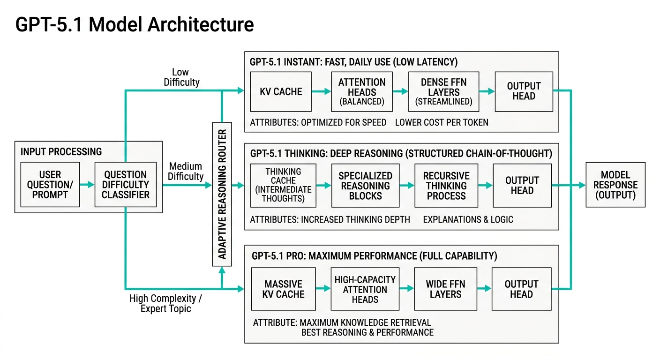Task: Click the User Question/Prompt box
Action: point(50,185)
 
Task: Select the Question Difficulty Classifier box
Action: point(125,185)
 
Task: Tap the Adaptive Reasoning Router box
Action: point(222,194)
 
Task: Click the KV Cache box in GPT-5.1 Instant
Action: point(281,91)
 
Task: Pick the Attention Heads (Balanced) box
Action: point(361,91)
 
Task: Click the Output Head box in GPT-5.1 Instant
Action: point(524,91)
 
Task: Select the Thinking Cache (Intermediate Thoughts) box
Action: point(283,185)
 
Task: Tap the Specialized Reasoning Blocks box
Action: point(365,185)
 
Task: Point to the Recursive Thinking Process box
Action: point(446,185)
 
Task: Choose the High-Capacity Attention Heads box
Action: point(365,289)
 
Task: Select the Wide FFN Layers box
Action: point(445,289)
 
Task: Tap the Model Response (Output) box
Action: point(615,185)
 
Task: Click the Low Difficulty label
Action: point(181,77)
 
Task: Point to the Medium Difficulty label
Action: point(186,172)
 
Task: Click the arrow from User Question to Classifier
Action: point(87,185)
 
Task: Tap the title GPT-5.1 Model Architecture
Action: point(135,24)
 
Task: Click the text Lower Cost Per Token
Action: point(442,123)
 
